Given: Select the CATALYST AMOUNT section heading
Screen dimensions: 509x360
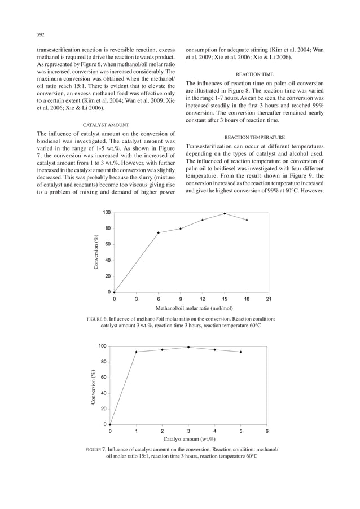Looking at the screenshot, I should pos(106,124).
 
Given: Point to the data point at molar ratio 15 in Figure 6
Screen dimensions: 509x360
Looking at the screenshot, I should pos(225,213).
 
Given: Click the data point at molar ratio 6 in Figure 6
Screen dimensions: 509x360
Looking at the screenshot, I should pos(159,232).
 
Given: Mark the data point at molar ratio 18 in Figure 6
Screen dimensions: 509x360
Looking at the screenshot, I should pos(247,220).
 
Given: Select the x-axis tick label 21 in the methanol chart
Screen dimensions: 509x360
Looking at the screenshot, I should pos(269,299).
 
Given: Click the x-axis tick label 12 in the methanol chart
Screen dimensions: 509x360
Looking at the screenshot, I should pos(203,299).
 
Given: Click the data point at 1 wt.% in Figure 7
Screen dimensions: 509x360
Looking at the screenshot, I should pos(136,352).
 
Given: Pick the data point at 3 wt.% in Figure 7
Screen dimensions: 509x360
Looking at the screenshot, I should pos(188,347).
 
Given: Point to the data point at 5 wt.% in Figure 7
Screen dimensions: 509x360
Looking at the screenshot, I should pos(241,352).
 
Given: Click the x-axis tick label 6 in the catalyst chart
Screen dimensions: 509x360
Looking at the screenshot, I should pos(267,431).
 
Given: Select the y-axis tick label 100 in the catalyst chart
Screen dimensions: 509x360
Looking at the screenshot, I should pos(103,346).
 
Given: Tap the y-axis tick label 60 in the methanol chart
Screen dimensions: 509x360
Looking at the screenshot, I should pos(106,244).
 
